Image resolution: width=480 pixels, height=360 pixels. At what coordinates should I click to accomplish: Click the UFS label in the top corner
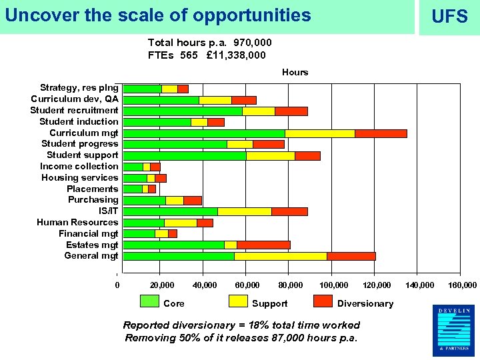pos(449,17)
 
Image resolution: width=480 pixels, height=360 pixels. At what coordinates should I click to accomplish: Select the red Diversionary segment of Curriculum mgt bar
pos(381,133)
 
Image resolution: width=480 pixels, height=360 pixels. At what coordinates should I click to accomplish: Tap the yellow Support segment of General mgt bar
pos(280,256)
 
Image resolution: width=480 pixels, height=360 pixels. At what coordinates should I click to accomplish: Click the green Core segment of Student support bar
pos(185,156)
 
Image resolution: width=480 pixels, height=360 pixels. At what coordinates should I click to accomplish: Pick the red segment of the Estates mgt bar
pos(263,245)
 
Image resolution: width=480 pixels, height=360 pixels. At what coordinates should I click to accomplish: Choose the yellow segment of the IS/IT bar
pos(244,211)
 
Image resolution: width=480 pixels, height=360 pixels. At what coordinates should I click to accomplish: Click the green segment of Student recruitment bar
pos(183,111)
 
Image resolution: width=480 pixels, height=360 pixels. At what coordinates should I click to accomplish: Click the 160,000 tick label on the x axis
pos(463,285)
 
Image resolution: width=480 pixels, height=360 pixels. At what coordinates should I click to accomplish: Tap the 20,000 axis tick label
pos(162,285)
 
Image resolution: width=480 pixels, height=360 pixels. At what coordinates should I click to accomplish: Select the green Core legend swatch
pos(149,301)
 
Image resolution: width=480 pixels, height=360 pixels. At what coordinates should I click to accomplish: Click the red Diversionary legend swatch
pos(323,301)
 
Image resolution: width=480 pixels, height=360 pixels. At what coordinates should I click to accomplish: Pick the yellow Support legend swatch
pos(238,301)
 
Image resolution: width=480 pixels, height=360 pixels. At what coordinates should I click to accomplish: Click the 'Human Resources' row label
pos(77,222)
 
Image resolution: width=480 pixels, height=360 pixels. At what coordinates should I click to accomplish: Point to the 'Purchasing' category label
pos(93,199)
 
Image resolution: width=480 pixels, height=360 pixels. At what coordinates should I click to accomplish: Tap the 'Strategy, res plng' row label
pos(79,87)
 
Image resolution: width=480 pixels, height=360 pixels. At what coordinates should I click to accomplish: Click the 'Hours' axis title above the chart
pos(295,72)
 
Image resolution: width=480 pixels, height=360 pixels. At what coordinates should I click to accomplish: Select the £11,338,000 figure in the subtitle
pos(235,55)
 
